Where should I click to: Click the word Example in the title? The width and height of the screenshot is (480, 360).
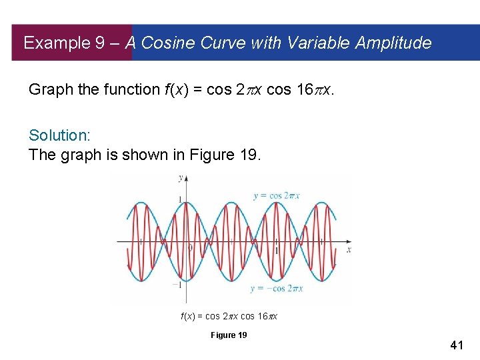click(56, 43)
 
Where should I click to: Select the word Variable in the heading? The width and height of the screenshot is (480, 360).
click(317, 43)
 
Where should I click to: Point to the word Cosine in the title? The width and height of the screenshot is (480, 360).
click(166, 43)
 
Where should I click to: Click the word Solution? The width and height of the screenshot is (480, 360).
click(59, 135)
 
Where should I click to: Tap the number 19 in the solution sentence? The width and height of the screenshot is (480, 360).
click(251, 155)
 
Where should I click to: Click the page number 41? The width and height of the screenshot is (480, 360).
click(457, 345)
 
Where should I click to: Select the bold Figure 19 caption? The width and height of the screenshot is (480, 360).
click(228, 335)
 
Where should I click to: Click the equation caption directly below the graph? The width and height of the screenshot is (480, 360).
click(229, 316)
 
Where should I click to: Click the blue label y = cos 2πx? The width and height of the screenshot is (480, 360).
click(277, 196)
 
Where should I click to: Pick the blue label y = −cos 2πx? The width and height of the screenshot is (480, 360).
click(277, 289)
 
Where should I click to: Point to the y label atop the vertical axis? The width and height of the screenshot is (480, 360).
click(180, 178)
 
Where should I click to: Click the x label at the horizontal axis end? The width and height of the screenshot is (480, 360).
click(349, 249)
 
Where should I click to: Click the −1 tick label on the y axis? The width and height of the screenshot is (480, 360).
click(177, 285)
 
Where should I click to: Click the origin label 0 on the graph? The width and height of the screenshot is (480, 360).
click(190, 248)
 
